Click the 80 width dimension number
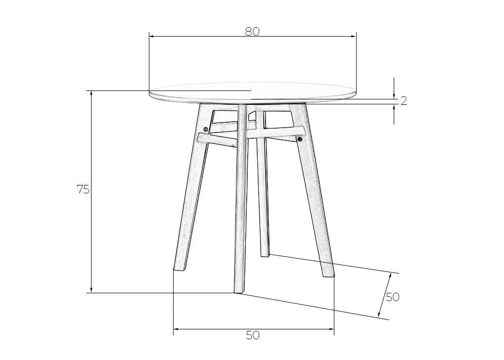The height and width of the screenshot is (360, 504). (252, 32)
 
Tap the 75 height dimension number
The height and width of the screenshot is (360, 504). (83, 190)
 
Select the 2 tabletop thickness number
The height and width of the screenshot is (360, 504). (404, 101)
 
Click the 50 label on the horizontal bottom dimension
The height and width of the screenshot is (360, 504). (252, 335)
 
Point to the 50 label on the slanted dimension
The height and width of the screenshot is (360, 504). (392, 297)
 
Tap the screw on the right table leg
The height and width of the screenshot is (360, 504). (300, 139)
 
